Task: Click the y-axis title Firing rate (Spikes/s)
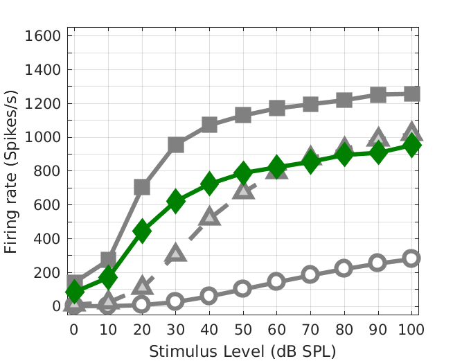click(x=12, y=170)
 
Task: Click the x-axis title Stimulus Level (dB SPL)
click(x=242, y=351)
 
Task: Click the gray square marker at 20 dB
click(x=141, y=187)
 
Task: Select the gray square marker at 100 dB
click(x=411, y=94)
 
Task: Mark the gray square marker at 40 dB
click(x=209, y=125)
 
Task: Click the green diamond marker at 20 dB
click(x=141, y=231)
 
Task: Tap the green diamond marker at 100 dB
click(x=411, y=146)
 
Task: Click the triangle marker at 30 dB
click(x=175, y=253)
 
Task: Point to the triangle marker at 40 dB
click(x=209, y=217)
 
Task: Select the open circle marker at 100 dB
click(x=411, y=258)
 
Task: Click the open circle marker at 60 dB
click(x=276, y=281)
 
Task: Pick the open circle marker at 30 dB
click(x=175, y=301)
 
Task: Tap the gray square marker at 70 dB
click(x=310, y=104)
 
